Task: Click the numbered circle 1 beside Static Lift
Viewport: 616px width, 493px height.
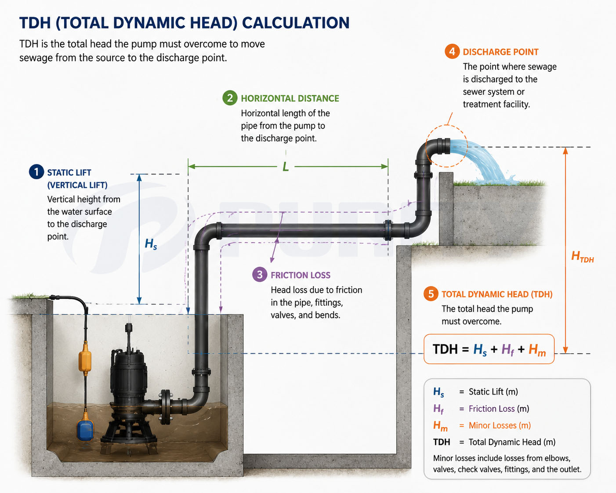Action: tap(36, 172)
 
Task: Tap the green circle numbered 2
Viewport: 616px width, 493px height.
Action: tap(230, 98)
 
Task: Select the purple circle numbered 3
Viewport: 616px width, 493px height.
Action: tap(260, 275)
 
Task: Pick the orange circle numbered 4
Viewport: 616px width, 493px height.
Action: tap(452, 51)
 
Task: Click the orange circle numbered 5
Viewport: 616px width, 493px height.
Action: tap(431, 294)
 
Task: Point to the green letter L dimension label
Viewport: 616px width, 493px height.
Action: tap(286, 167)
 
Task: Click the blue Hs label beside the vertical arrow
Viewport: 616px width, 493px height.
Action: tap(151, 244)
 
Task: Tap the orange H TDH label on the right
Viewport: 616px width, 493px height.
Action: tap(582, 257)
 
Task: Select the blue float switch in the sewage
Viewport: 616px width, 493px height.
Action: tap(85, 426)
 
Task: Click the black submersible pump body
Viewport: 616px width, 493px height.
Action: tap(128, 381)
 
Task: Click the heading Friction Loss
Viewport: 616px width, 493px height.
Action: tap(301, 275)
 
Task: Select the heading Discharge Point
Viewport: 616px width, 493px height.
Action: tap(500, 52)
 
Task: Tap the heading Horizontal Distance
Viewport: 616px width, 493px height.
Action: tap(290, 98)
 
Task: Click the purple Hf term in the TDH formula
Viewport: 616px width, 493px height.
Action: tap(508, 350)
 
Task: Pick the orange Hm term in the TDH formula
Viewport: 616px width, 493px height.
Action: tap(537, 350)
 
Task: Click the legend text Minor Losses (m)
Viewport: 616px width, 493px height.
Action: tap(500, 425)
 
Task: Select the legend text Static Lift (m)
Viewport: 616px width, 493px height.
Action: tap(493, 391)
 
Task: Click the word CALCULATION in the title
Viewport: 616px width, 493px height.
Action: tap(296, 23)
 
